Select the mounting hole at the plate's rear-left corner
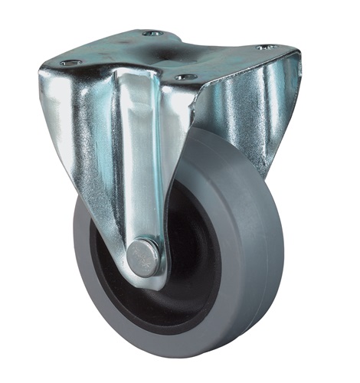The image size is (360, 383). point(153,34)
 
